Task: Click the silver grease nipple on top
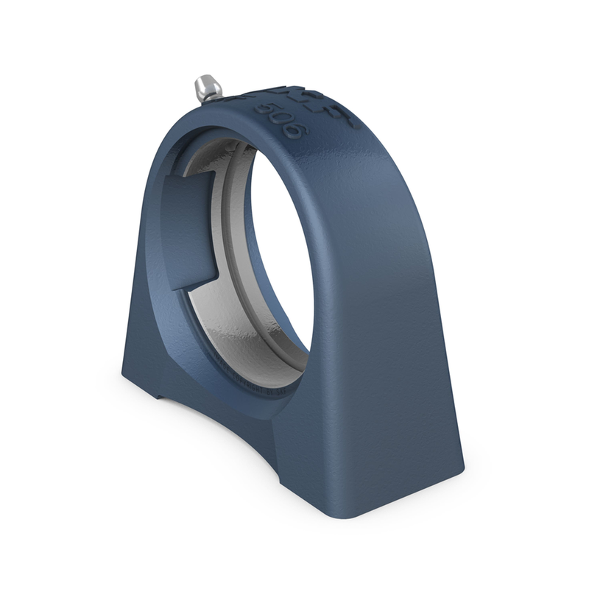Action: [x=207, y=88]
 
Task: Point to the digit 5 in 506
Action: [x=263, y=108]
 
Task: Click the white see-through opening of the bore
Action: [x=280, y=250]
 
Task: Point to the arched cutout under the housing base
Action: [x=221, y=427]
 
